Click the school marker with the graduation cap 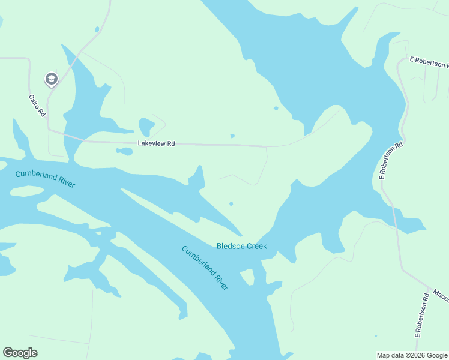[x=51, y=79]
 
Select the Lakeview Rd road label [x=156, y=143]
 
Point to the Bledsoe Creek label [x=241, y=246]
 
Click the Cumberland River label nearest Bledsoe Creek [x=205, y=268]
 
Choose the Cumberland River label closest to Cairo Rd [x=46, y=178]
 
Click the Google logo [x=20, y=353]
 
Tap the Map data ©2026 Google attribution [x=412, y=355]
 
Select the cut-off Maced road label [x=440, y=295]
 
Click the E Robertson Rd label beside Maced [x=422, y=314]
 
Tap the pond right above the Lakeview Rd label [x=146, y=127]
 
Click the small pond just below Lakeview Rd [x=124, y=151]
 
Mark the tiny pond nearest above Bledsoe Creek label [x=231, y=203]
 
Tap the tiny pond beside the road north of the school [x=97, y=29]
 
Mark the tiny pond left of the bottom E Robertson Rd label [x=376, y=336]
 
